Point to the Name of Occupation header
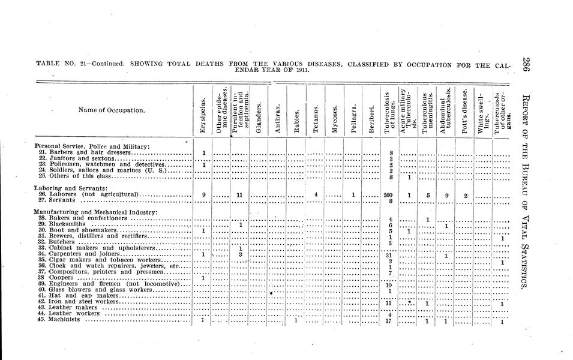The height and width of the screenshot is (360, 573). pos(111,110)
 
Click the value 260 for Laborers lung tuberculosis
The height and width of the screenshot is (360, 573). pos(389,194)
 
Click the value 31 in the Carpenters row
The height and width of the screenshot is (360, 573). pos(389,255)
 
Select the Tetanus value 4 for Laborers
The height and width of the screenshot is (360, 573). pos(316,194)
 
